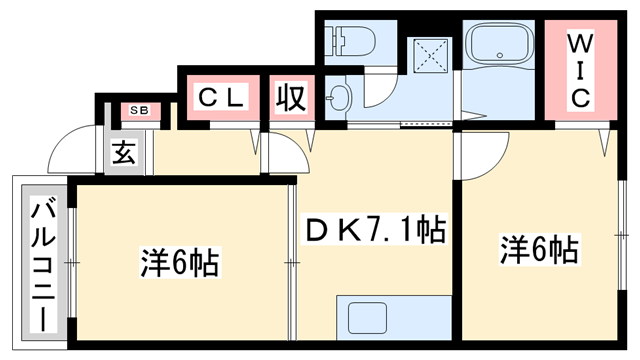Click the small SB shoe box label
coord(137,108)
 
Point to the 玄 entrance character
coord(124,154)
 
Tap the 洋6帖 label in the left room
coord(179,264)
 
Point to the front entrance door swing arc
coord(76,154)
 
